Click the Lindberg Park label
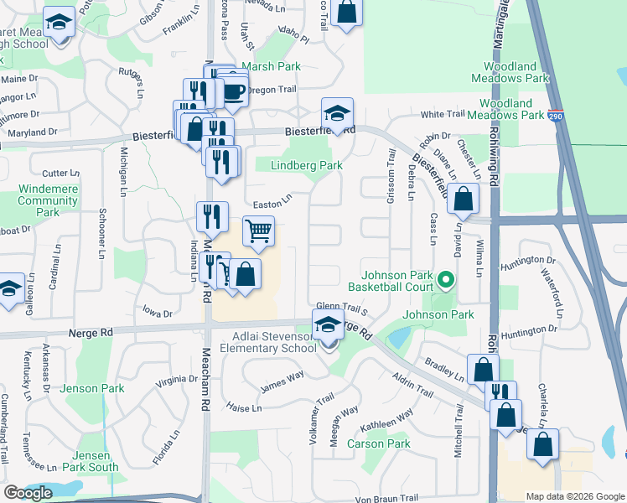(x=307, y=166)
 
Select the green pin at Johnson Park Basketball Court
(x=447, y=280)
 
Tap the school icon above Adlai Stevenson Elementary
(x=328, y=324)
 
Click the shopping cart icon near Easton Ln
(x=259, y=229)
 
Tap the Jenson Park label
(x=92, y=389)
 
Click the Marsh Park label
(x=270, y=66)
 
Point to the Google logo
(x=28, y=493)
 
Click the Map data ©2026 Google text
(x=574, y=496)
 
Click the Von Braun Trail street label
(x=386, y=499)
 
